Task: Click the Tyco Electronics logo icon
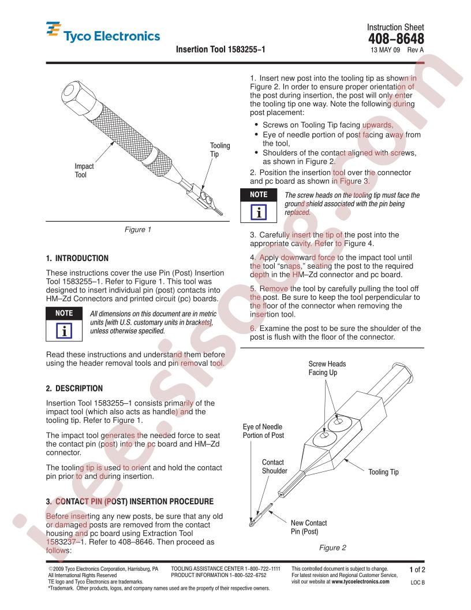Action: point(53,29)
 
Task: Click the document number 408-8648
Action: point(396,39)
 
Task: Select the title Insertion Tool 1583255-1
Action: point(220,50)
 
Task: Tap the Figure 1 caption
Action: point(138,229)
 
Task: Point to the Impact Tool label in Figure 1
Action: point(84,170)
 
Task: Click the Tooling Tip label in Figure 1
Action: point(220,150)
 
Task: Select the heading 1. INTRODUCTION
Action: point(77,258)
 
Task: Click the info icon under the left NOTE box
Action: point(64,330)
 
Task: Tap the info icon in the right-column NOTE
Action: point(259,212)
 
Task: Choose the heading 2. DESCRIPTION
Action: point(74,388)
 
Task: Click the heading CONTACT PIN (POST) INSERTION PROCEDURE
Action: point(134,501)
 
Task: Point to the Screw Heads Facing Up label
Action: point(327,368)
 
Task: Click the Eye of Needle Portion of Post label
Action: point(263,431)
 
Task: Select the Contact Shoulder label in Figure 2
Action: point(274,466)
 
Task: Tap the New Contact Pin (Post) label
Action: point(309,527)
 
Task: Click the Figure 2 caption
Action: point(332,548)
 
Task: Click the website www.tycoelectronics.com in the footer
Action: point(360,582)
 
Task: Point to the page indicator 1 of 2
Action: point(417,570)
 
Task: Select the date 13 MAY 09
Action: point(385,50)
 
